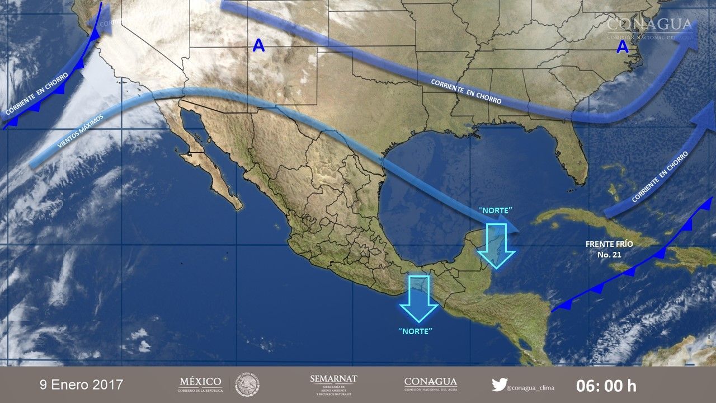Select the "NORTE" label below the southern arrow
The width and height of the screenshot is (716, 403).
[416, 331]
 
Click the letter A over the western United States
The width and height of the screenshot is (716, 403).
[258, 46]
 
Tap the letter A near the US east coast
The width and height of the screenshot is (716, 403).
[623, 48]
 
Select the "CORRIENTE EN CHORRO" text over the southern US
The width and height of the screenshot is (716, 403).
[466, 91]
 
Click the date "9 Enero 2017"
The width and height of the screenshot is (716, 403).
[81, 385]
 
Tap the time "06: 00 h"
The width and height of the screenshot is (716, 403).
[606, 386]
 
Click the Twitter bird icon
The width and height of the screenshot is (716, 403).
[499, 385]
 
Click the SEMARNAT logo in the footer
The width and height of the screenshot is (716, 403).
[333, 385]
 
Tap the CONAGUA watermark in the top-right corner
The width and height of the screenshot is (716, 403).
[649, 27]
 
